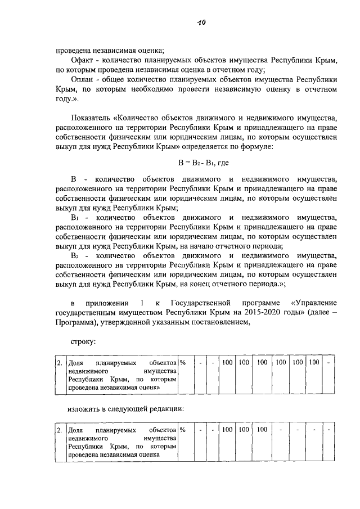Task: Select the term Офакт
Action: click(82, 60)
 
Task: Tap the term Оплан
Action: click(82, 79)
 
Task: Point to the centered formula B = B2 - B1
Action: click(196, 162)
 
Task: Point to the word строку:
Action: click(83, 341)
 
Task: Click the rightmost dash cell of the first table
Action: click(330, 362)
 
